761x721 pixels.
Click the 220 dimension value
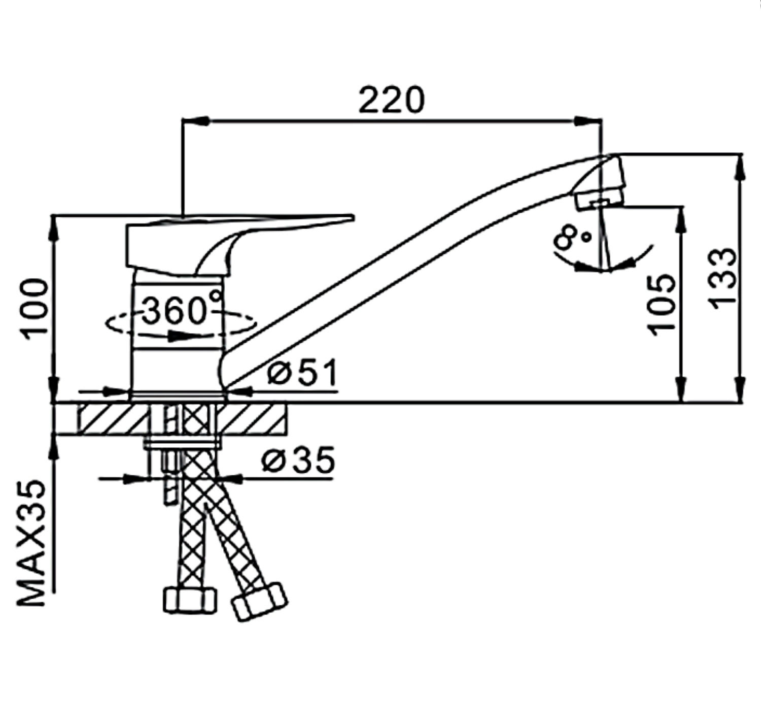tap(391, 100)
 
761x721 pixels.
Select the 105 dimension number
tap(662, 305)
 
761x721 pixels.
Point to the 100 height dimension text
tap(35, 309)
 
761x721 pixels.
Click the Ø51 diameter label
tap(303, 372)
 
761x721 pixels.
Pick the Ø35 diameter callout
tap(298, 460)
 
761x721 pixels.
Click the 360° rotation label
tap(182, 308)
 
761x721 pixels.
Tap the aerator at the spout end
tap(599, 201)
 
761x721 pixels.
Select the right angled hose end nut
tap(259, 606)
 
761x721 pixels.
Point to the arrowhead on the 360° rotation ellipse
tap(181, 336)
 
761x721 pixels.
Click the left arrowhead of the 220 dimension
tap(196, 121)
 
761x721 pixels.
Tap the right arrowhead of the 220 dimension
tap(588, 121)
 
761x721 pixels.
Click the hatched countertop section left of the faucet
tap(113, 419)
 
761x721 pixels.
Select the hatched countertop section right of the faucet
tap(252, 419)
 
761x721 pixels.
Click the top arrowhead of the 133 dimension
tap(740, 168)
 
